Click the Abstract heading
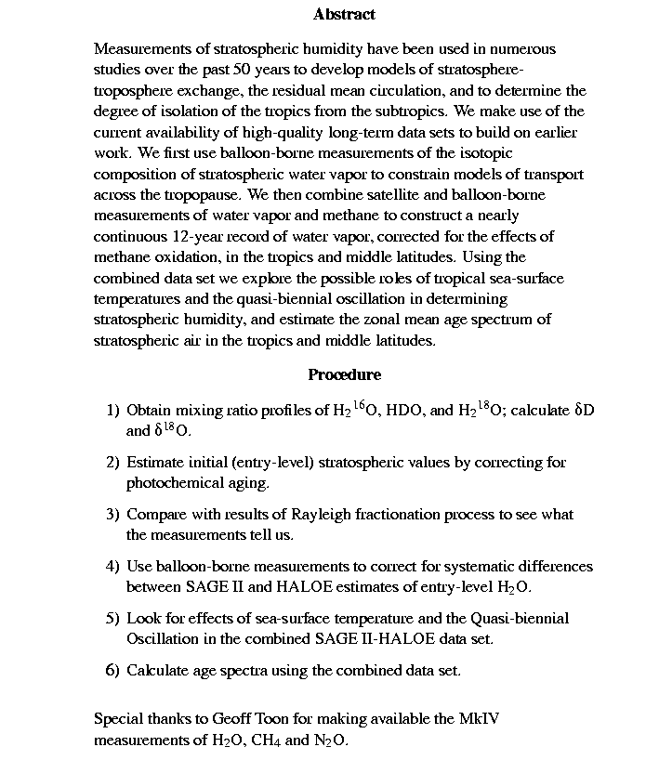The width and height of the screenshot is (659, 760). click(x=344, y=14)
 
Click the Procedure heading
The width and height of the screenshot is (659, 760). click(x=344, y=374)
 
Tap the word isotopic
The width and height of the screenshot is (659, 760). click(x=487, y=152)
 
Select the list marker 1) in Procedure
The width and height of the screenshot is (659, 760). click(x=112, y=410)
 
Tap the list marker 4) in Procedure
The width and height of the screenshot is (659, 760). click(x=112, y=566)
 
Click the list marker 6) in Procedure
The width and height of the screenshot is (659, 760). click(x=112, y=670)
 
